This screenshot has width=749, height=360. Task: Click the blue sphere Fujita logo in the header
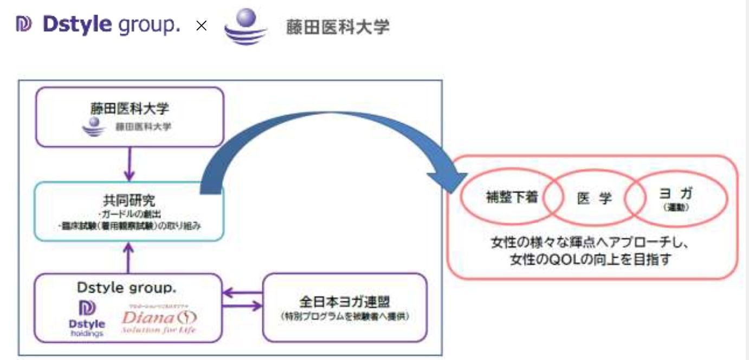pyautogui.click(x=245, y=27)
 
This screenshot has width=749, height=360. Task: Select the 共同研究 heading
pyautogui.click(x=128, y=201)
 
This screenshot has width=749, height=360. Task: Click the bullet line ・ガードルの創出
pyautogui.click(x=128, y=214)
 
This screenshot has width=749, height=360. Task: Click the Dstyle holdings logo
pyautogui.click(x=87, y=317)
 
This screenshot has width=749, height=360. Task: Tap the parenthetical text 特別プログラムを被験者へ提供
pyautogui.click(x=344, y=317)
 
